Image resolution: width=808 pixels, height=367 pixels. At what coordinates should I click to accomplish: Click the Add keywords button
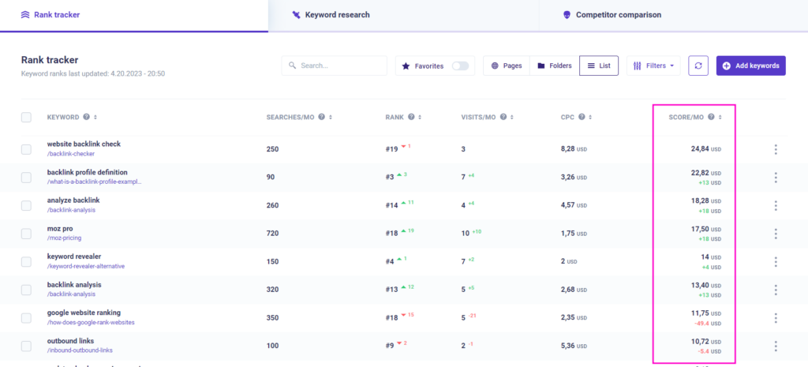click(x=750, y=66)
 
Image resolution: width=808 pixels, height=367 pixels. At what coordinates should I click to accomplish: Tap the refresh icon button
click(x=698, y=66)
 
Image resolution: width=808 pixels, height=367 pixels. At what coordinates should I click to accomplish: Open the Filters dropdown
click(x=653, y=66)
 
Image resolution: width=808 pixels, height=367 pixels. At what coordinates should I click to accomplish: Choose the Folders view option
click(x=552, y=66)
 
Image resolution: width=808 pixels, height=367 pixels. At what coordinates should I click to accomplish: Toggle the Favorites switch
click(x=460, y=66)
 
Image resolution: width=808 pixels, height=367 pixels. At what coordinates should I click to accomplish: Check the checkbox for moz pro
click(x=26, y=234)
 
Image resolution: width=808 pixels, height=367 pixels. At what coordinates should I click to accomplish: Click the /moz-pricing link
click(x=64, y=238)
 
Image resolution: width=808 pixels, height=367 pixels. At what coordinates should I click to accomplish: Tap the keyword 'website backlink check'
click(x=84, y=144)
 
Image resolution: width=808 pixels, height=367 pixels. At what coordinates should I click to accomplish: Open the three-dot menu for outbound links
click(x=776, y=346)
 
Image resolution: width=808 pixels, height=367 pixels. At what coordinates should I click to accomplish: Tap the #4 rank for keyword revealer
click(x=389, y=261)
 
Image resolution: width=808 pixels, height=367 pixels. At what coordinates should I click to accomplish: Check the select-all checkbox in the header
click(x=26, y=117)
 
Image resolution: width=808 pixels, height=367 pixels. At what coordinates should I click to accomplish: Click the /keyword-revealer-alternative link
click(x=85, y=266)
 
